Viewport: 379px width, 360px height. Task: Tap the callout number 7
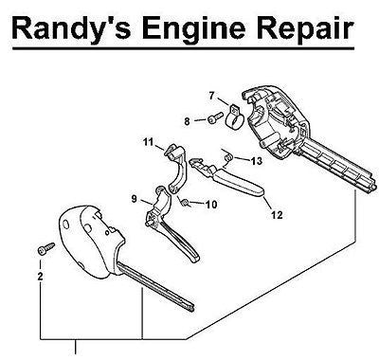point(211,96)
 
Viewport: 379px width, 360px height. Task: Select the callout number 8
point(188,121)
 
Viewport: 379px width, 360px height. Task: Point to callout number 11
point(148,142)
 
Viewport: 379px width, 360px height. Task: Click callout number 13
point(257,161)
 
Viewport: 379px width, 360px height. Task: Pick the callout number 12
point(277,215)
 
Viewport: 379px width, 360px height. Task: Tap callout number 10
point(211,205)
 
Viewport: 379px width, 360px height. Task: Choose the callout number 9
point(135,199)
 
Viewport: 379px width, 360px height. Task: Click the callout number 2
point(40,277)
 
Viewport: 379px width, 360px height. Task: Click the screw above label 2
point(45,249)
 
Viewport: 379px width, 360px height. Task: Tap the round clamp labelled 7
point(235,117)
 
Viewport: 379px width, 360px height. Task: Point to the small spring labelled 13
point(227,157)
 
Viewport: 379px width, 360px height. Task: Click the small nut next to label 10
point(186,203)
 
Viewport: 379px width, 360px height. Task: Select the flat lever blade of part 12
point(239,184)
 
